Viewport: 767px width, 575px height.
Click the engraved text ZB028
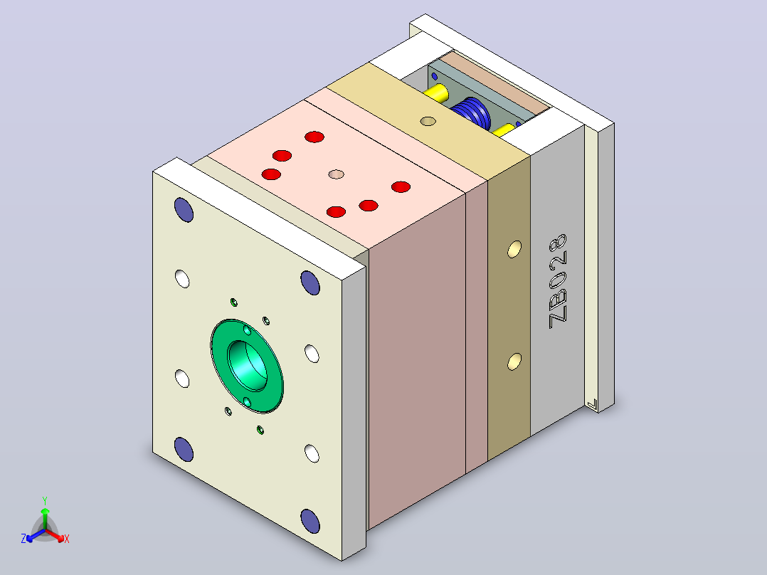pos(558,281)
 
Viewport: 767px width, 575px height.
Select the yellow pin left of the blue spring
pos(435,93)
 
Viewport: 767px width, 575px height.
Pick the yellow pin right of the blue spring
pos(503,130)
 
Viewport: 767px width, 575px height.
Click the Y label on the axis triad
pos(45,500)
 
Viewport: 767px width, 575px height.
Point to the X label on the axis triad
pos(67,539)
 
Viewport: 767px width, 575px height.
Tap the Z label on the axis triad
pos(23,539)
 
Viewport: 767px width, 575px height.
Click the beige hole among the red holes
pos(336,174)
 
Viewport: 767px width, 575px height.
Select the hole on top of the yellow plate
pos(428,121)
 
